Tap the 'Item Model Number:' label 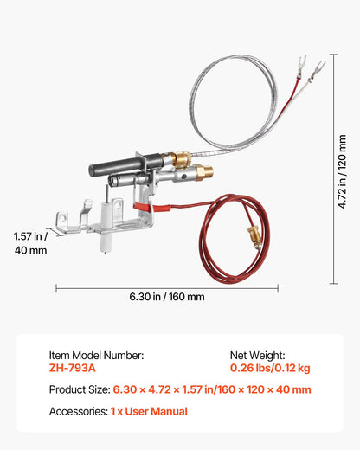[95, 355]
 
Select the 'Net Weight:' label [256, 355]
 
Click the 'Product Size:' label [79, 389]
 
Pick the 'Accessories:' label [78, 412]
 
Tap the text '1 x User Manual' [149, 412]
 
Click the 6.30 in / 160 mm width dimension [167, 297]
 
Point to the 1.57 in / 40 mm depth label [30, 242]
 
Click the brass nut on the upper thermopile [180, 159]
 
